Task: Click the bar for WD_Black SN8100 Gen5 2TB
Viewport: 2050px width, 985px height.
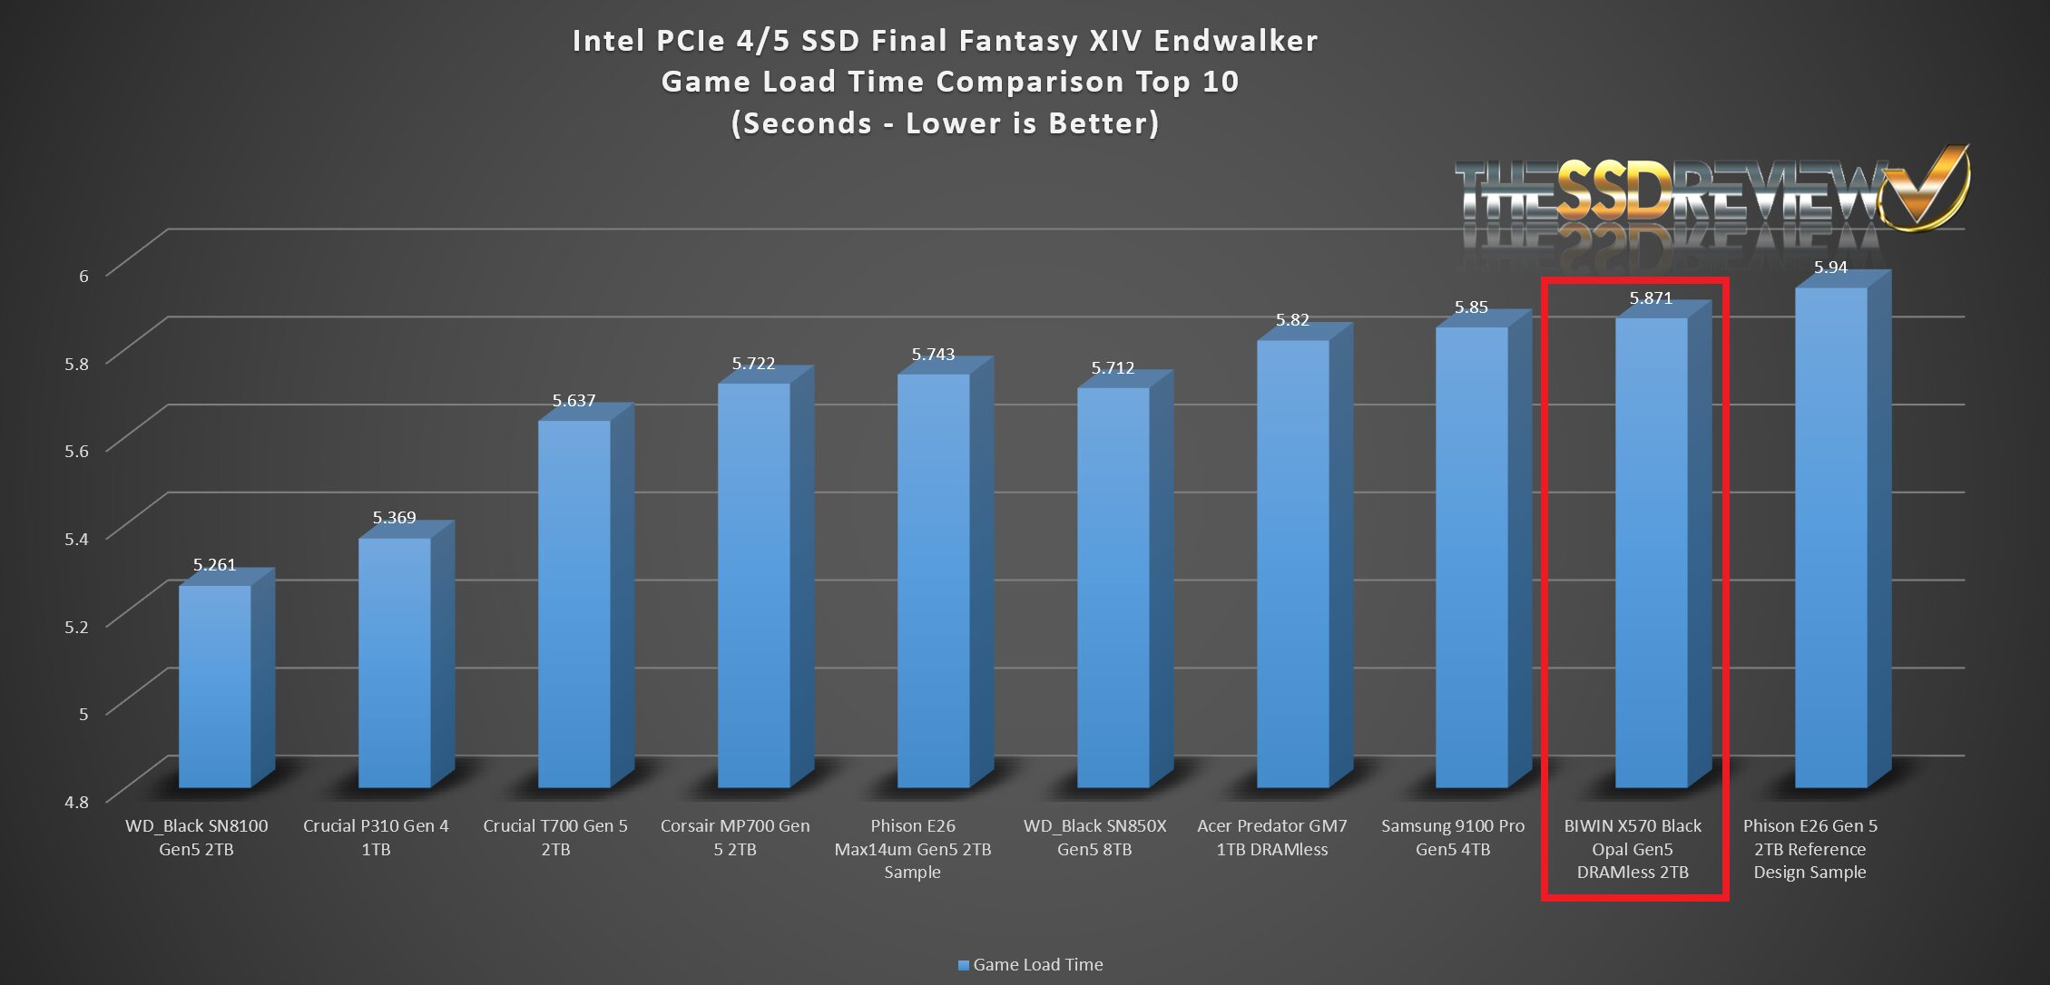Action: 214,686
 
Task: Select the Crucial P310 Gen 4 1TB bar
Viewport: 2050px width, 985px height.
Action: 394,662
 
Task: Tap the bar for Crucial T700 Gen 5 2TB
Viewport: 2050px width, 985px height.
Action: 574,603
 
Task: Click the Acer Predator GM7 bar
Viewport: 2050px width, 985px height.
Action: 1292,562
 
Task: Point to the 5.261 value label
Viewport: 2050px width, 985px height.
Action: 214,565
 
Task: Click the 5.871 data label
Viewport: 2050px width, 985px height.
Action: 1651,298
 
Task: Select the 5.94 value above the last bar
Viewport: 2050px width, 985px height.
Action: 1830,268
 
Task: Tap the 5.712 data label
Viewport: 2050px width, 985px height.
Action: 1113,368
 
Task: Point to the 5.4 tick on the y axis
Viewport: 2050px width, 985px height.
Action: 77,539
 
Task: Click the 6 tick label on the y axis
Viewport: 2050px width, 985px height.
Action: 83,276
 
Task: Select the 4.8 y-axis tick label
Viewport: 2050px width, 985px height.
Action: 77,802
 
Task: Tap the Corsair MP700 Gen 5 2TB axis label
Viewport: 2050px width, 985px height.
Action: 735,837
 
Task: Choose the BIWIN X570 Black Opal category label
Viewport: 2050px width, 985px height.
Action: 1633,849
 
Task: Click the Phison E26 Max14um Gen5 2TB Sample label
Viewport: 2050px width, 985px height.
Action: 912,849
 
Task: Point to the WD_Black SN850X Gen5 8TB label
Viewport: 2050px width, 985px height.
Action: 1094,837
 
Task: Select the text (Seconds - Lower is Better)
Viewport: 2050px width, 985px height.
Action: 945,123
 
